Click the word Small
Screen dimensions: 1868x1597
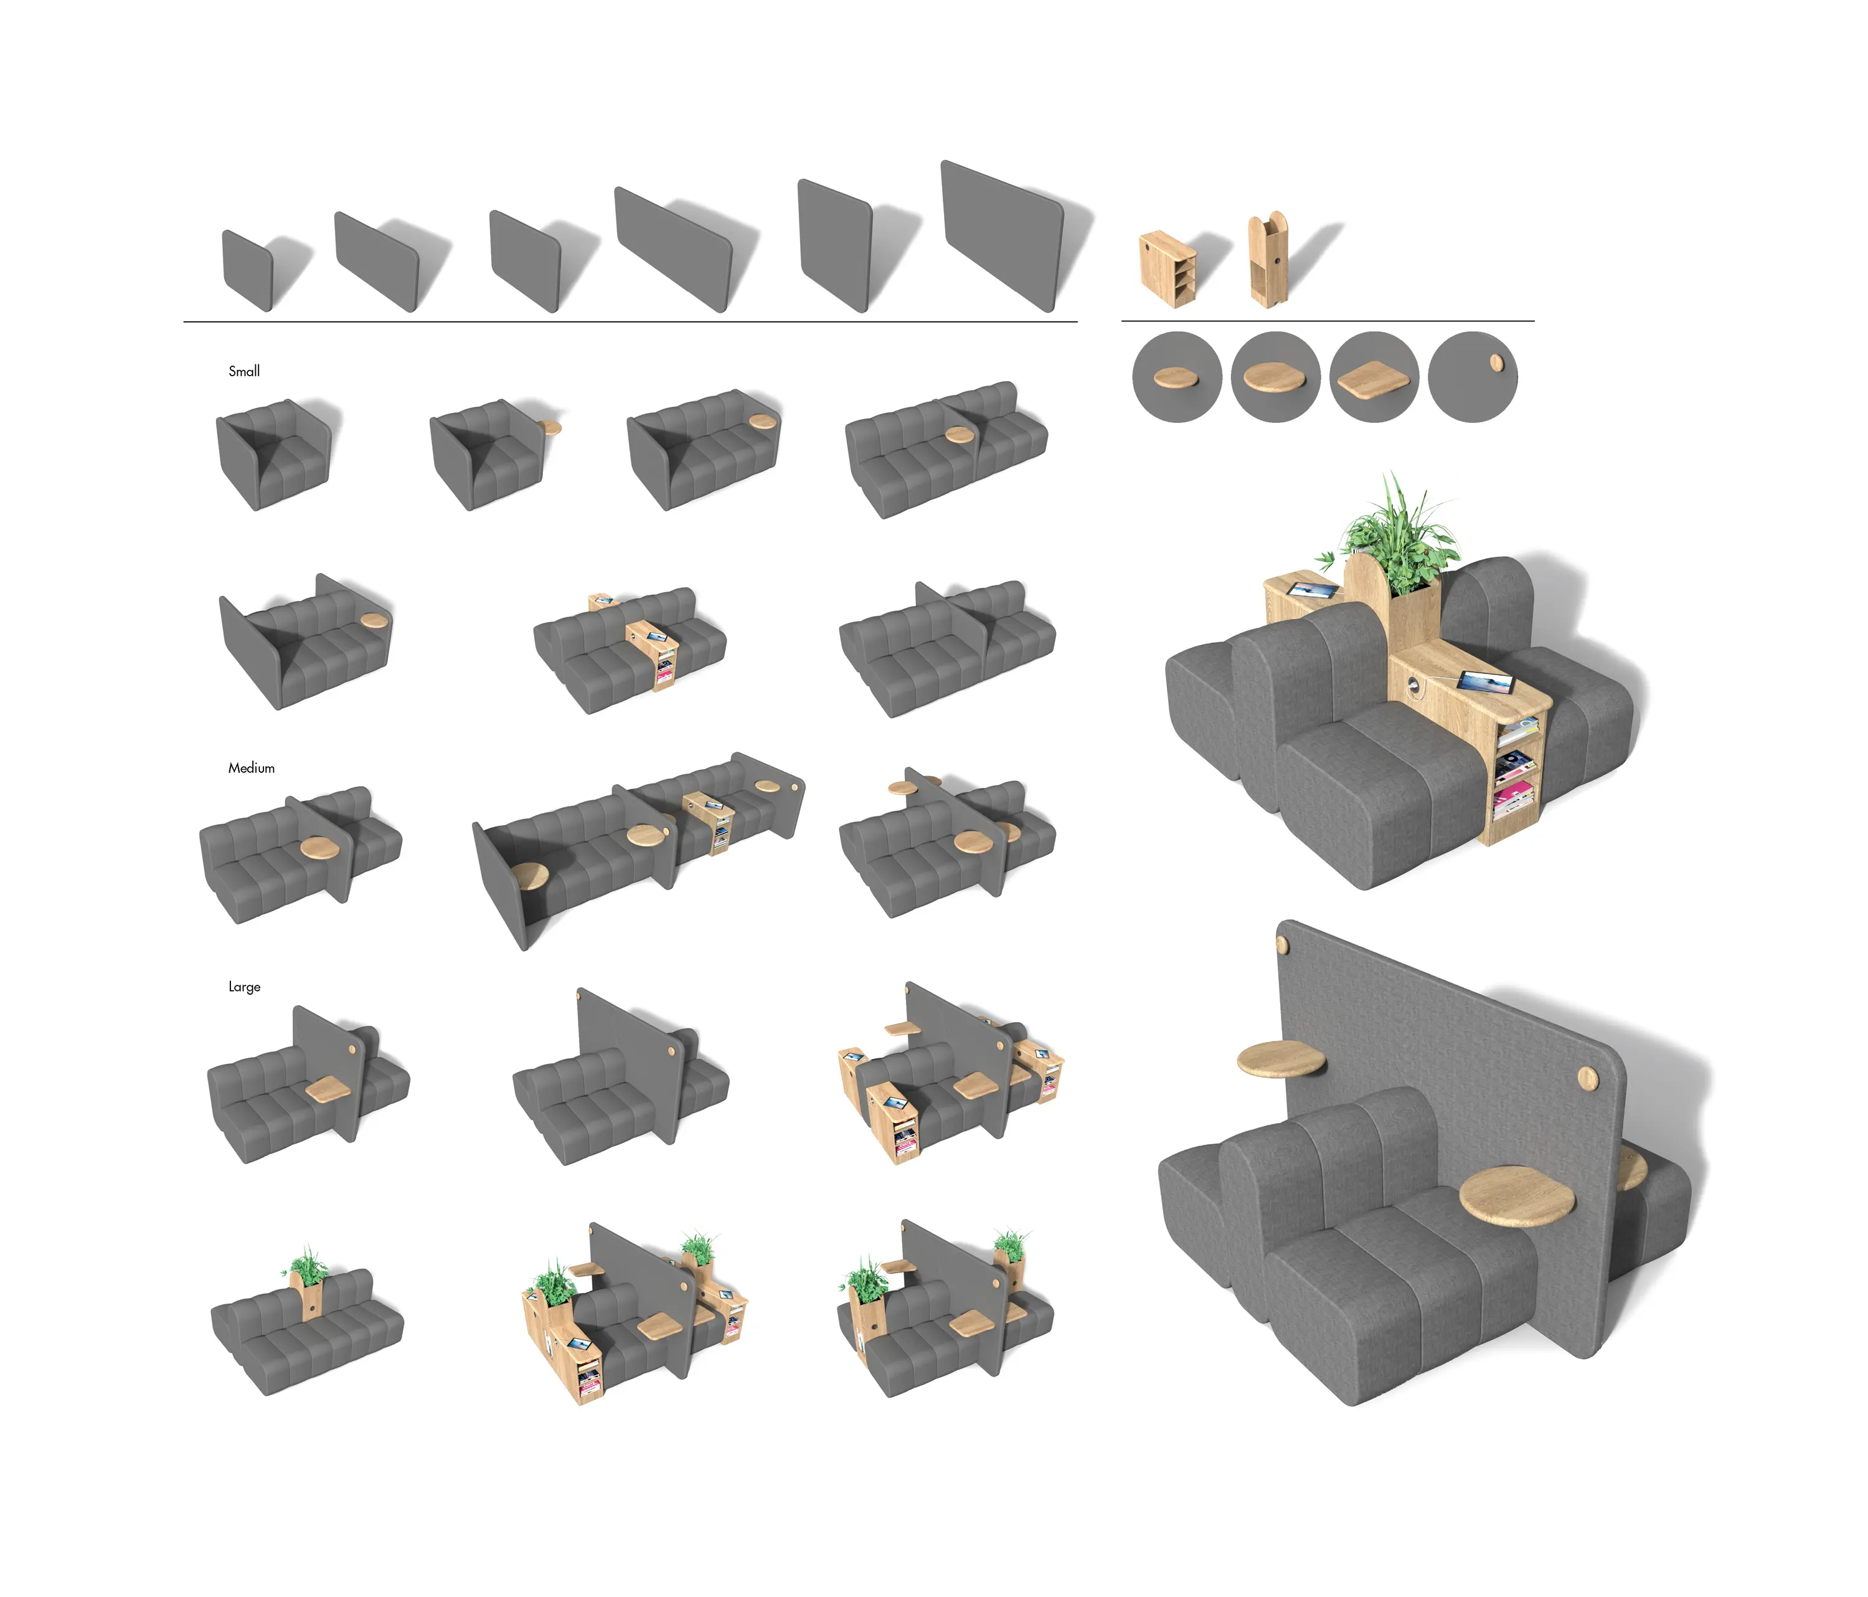point(244,371)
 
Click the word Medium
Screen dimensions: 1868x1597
point(252,768)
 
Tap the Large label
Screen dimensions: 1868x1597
point(244,987)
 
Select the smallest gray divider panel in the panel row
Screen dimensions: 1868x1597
point(247,270)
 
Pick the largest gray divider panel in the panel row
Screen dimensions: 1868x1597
point(1002,236)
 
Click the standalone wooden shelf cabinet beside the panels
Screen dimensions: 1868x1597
point(1169,268)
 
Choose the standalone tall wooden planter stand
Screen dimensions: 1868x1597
point(1268,260)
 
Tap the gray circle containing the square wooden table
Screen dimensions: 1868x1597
point(1374,377)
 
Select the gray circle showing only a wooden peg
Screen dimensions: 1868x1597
point(1473,377)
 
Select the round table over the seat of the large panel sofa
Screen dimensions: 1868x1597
point(1517,1195)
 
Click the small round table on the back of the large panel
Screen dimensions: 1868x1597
point(1280,1058)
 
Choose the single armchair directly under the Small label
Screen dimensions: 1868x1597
point(273,455)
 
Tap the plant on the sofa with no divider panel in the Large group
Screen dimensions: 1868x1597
point(308,1265)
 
